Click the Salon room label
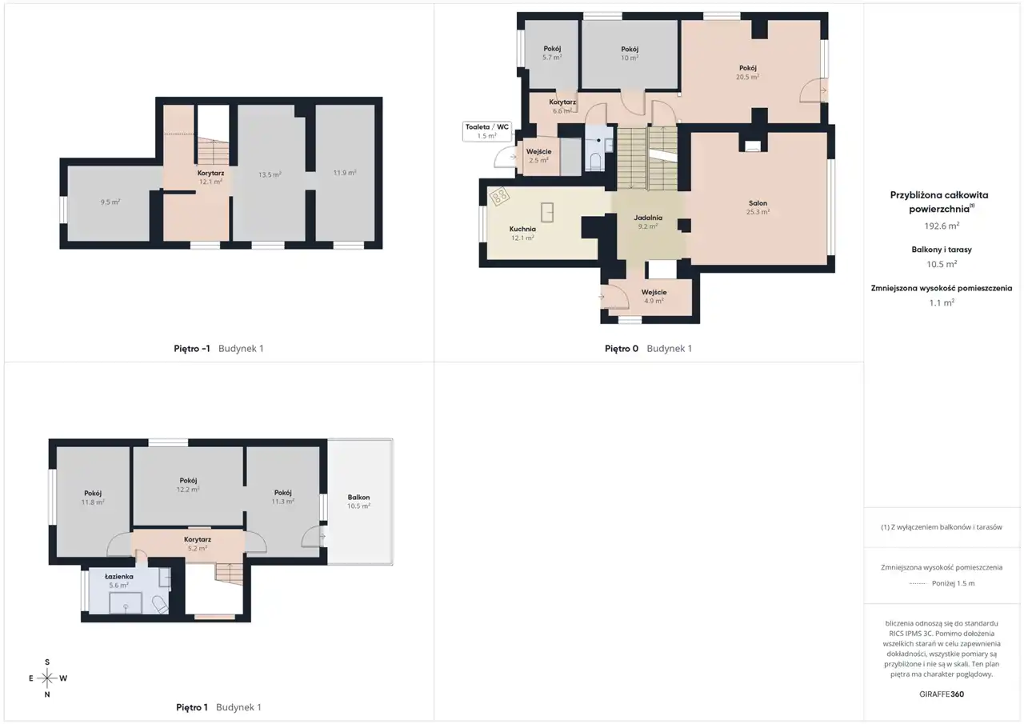click(758, 203)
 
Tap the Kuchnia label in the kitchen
click(522, 229)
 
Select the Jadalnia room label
click(648, 218)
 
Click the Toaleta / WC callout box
click(487, 131)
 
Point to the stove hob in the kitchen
click(500, 197)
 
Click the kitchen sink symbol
click(547, 213)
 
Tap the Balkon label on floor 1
click(358, 498)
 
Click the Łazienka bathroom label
click(119, 577)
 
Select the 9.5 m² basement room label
click(110, 202)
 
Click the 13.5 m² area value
click(270, 174)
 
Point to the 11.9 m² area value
click(345, 173)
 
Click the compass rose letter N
click(47, 694)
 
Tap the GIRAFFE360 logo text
click(942, 694)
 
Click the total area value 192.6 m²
click(942, 226)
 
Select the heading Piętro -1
click(192, 348)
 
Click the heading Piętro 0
click(622, 348)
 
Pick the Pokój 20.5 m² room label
click(748, 73)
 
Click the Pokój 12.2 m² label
click(188, 485)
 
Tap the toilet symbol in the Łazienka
click(161, 604)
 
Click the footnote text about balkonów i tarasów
click(942, 527)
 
